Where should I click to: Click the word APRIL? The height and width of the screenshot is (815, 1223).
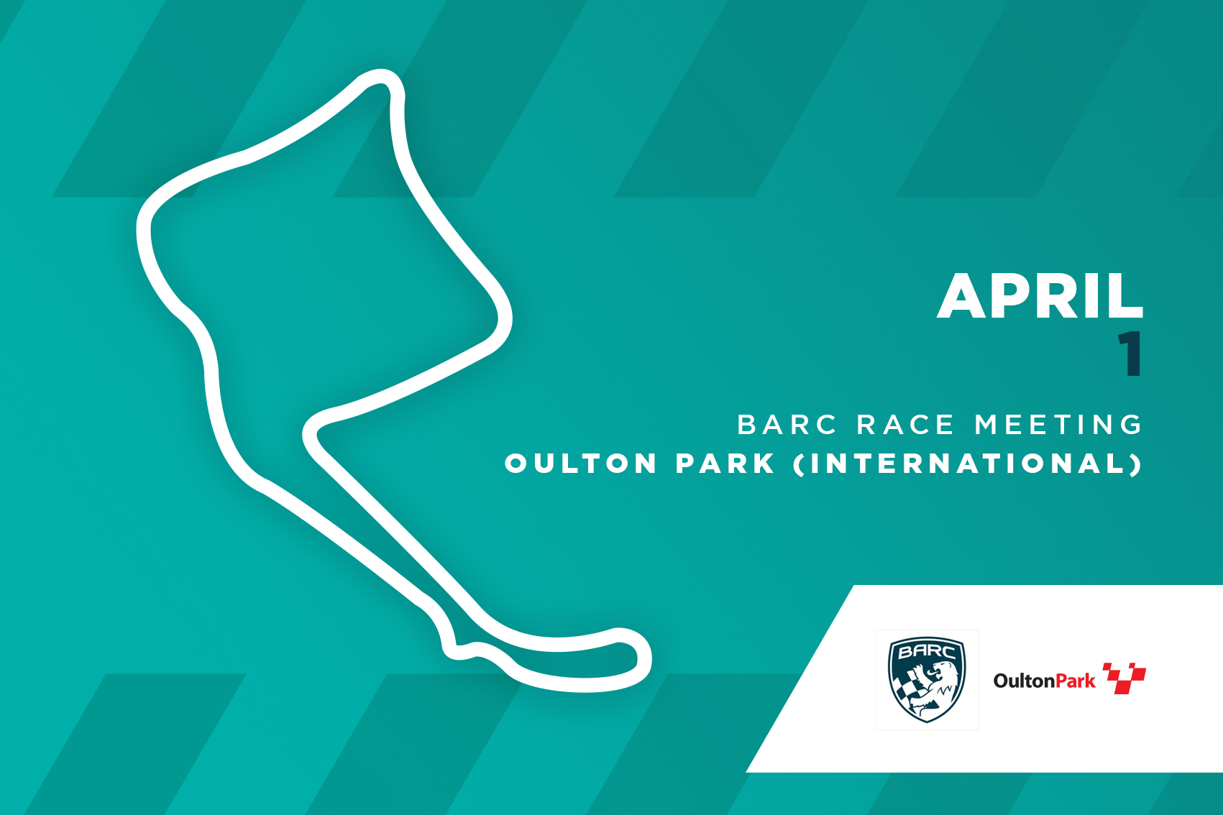(x=1040, y=296)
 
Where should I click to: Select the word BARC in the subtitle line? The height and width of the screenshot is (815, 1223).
(x=787, y=425)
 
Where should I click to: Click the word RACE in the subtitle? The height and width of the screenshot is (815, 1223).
(x=905, y=425)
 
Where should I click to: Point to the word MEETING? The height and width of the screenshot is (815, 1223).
(x=1058, y=425)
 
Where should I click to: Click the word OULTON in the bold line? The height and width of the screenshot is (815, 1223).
(x=581, y=464)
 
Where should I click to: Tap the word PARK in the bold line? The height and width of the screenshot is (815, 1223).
(x=725, y=464)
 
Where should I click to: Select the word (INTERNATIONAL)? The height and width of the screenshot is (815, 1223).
(x=968, y=464)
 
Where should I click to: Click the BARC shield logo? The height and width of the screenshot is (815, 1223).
(x=927, y=680)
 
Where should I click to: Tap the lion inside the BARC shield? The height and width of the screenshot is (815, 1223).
(x=934, y=688)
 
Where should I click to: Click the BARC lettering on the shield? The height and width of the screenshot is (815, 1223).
(x=927, y=651)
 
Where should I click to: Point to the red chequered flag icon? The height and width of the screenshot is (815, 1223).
(x=1124, y=678)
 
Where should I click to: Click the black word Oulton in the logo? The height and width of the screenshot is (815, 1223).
(x=1017, y=681)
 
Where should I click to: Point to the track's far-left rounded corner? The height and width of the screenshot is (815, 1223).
(x=144, y=229)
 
